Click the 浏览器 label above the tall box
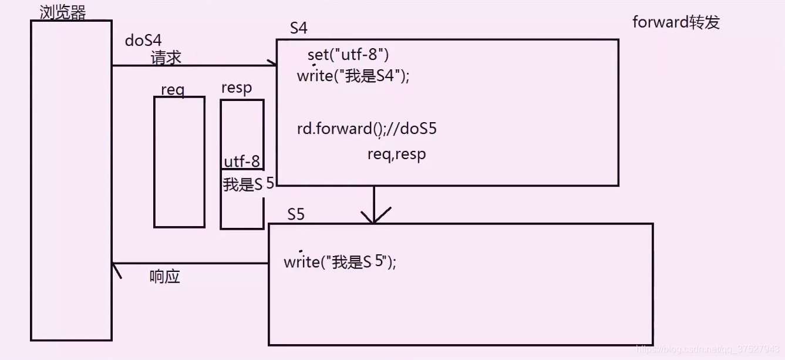pos(62,12)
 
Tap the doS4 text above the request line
pos(143,41)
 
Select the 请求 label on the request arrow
pos(166,58)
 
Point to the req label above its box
pos(173,90)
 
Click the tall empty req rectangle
pos(179,162)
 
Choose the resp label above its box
pos(237,88)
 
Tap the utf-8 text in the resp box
pos(242,162)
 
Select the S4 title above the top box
pos(299,28)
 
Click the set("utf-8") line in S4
pos(348,55)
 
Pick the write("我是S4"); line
pos(353,76)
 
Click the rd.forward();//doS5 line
pos(366,129)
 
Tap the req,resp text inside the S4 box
pos(396,154)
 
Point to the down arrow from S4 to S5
pos(374,206)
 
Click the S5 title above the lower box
pos(296,214)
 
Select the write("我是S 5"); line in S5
pos(340,262)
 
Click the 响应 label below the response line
pos(164,277)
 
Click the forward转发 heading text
pos(676,22)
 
